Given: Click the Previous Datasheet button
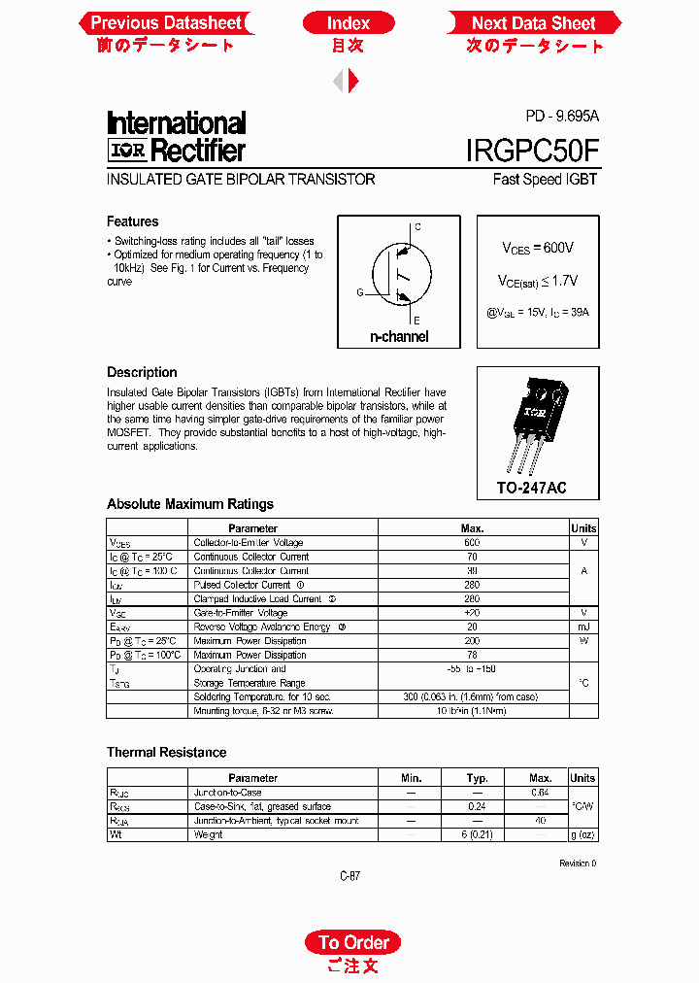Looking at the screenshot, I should pos(166,23).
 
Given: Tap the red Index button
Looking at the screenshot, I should pos(349,23).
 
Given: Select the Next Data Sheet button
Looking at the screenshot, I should pos(533,23).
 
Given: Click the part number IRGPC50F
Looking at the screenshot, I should pos(532,150).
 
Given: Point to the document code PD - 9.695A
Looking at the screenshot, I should pos(562,116).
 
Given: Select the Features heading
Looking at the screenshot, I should pos(132,221).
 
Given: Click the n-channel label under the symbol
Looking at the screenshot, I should pos(399,337).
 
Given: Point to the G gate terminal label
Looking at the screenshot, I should pos(359,291).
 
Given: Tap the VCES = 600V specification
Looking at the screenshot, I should pos(537,249).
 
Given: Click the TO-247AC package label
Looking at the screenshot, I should pos(532,487).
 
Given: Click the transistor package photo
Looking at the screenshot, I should pos(537,419).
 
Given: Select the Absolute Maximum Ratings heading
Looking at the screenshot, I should pos(190,504).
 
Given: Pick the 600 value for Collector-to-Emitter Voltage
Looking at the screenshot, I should pos(472,543).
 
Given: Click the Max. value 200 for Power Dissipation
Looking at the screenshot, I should pos(472,641).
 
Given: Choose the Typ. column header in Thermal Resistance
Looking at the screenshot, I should pos(477,778).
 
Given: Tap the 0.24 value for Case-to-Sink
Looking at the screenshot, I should pos(477,806).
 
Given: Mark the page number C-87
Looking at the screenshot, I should pos(350,876).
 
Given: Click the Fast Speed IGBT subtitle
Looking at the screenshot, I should pos(545,180).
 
